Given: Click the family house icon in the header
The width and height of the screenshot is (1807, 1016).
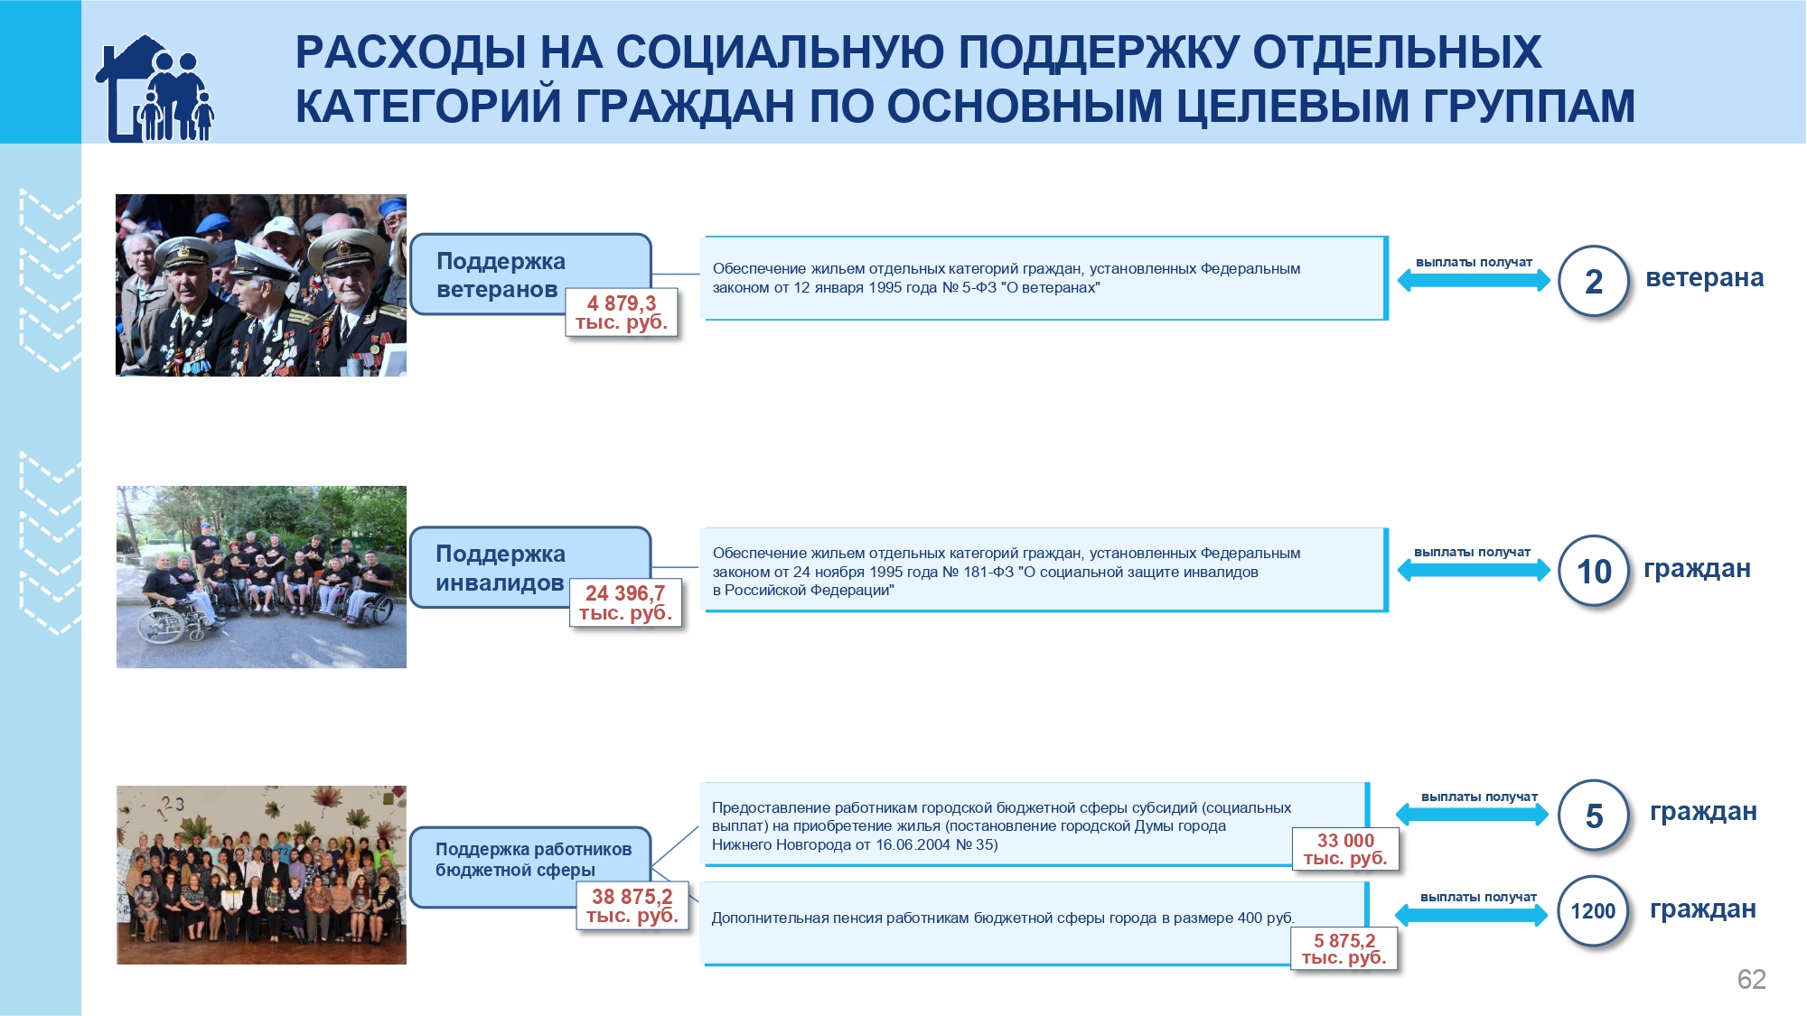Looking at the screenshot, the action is (154, 89).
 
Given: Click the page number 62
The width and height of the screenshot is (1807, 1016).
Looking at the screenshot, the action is (1751, 979).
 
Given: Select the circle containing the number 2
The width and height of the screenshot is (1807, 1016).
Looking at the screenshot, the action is (1594, 281).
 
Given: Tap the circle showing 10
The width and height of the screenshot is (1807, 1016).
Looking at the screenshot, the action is (1594, 571).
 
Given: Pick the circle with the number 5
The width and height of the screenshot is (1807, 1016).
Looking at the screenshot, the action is (1594, 816).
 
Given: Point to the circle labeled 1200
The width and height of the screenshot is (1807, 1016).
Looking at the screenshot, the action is (1593, 910).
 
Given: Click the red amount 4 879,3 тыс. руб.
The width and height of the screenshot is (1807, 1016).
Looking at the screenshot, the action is (622, 312).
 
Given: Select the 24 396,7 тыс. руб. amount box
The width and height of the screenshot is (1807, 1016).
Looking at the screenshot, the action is (625, 602).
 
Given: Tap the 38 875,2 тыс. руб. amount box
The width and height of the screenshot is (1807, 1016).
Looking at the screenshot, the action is (632, 906).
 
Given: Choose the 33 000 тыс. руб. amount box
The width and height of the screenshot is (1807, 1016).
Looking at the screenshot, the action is (1345, 849).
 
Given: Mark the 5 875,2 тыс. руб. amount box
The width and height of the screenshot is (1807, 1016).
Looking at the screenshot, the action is (1344, 948).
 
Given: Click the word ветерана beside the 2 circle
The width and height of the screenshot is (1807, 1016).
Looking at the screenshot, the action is (1704, 277).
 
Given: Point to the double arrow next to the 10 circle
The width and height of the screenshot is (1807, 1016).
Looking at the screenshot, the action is (1474, 570).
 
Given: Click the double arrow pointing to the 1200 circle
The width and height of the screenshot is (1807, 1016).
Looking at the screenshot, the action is (1472, 915).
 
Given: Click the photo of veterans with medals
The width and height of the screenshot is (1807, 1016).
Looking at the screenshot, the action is (261, 285).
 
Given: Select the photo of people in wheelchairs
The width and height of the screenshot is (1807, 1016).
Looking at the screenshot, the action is (261, 577).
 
